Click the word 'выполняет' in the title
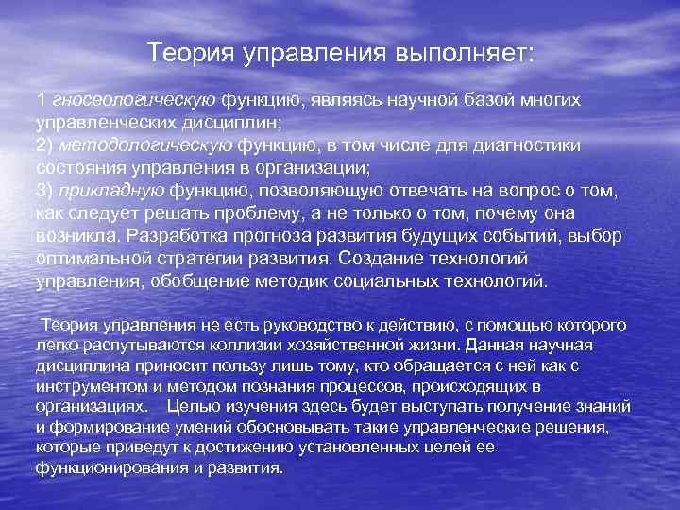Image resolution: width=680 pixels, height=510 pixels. [x=463, y=54]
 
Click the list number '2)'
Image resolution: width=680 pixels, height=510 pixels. [x=45, y=145]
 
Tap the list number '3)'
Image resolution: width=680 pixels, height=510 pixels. [x=45, y=191]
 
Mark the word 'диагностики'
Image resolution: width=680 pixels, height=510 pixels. [x=535, y=145]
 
